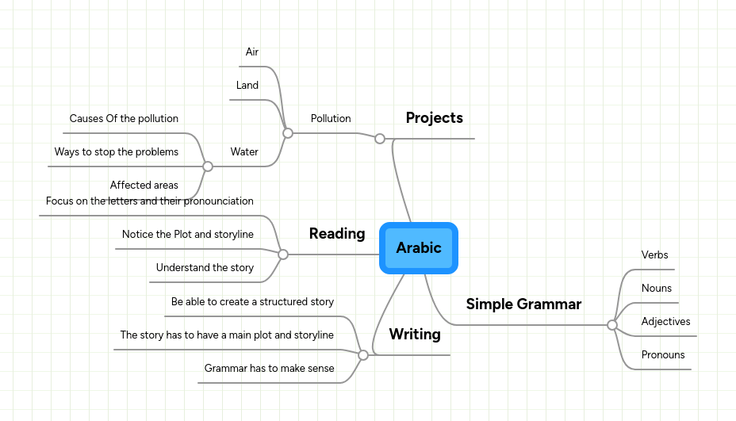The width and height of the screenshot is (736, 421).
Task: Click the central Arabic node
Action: click(x=419, y=248)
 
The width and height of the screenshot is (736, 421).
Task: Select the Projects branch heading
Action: click(x=434, y=118)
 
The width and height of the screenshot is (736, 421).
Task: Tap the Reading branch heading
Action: click(x=336, y=234)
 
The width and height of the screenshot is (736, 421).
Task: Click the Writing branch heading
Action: click(x=415, y=335)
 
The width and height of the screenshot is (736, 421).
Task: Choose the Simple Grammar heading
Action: click(x=523, y=304)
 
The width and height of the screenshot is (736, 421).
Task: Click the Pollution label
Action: click(x=331, y=119)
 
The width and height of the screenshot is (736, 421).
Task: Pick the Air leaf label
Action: click(x=252, y=52)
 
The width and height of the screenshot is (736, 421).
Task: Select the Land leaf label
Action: click(x=247, y=86)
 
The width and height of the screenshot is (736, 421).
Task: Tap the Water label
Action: click(x=244, y=152)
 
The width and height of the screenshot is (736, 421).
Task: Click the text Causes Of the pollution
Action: click(x=124, y=119)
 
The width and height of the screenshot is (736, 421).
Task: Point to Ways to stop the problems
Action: click(x=117, y=152)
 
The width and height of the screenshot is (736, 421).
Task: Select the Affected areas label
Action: click(x=144, y=186)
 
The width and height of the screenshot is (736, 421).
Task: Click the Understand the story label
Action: click(x=205, y=268)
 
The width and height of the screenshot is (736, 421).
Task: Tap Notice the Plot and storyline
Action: click(x=188, y=235)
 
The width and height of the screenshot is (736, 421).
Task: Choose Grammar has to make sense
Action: click(x=269, y=369)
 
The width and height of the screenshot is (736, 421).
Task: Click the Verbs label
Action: click(x=654, y=255)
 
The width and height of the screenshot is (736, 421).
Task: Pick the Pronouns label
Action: click(x=663, y=355)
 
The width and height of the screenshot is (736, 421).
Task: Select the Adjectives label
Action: click(x=665, y=322)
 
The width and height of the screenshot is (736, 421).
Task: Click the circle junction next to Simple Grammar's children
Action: click(x=611, y=325)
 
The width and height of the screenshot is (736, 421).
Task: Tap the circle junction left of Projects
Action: click(x=380, y=139)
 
